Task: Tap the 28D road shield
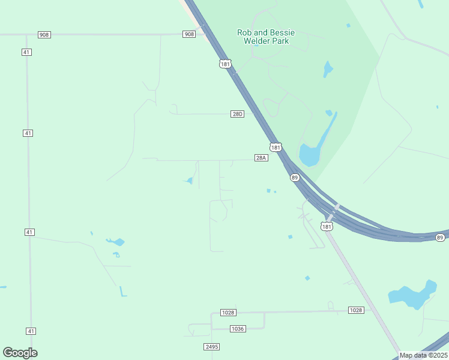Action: tap(238, 114)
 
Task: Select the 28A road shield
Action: tap(261, 158)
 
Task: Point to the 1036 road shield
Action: tap(238, 328)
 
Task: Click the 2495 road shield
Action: tap(212, 347)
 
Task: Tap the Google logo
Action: tap(20, 353)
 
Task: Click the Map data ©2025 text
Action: tap(423, 355)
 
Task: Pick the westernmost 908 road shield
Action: tap(44, 35)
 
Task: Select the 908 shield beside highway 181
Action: tap(189, 34)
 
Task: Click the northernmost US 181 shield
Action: tap(225, 64)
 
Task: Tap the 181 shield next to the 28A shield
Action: tap(275, 148)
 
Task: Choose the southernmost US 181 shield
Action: tap(327, 226)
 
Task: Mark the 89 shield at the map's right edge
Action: tap(440, 238)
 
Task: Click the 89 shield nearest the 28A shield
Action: tap(294, 178)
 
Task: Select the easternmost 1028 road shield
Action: tap(356, 310)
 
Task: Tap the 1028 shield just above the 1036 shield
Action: tap(228, 313)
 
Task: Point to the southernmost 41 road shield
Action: tap(31, 331)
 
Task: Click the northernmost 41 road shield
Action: tap(27, 52)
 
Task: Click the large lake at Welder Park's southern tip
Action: tap(310, 155)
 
